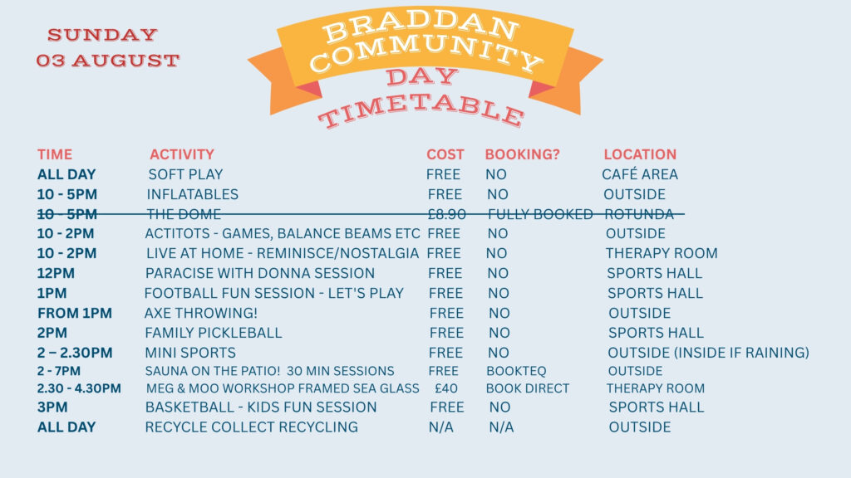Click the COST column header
tap(445, 154)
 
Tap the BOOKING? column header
tap(522, 154)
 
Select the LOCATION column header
tap(640, 154)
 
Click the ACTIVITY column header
tap(182, 154)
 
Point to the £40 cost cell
tap(446, 388)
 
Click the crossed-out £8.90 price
tap(446, 215)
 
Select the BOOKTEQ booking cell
tap(516, 371)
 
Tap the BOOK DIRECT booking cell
tap(528, 388)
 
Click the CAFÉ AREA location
tap(640, 174)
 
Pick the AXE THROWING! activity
tap(201, 313)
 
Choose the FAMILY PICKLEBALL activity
tap(214, 333)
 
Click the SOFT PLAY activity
tap(185, 174)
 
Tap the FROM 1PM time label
tap(75, 313)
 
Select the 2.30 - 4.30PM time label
tap(79, 388)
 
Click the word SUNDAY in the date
tap(102, 35)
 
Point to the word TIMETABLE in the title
tap(421, 110)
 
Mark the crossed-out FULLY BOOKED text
tap(540, 215)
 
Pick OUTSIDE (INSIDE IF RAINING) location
tap(708, 353)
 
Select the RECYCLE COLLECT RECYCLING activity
tap(251, 427)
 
